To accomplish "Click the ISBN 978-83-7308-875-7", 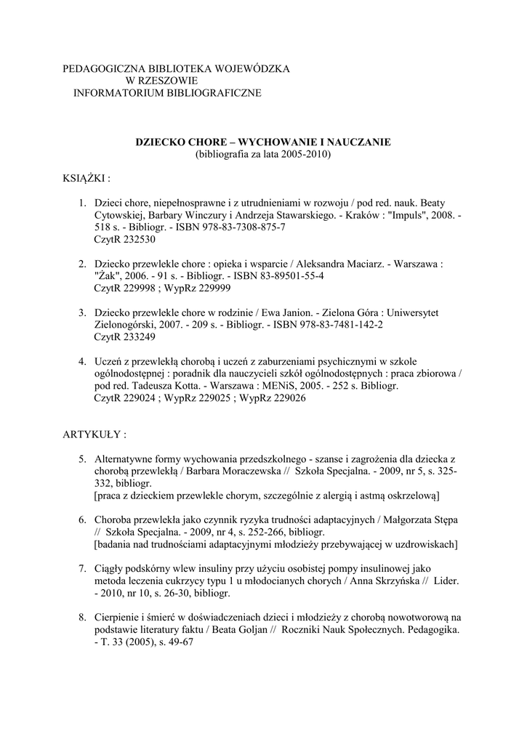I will click(x=238, y=227).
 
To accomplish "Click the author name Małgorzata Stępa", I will click(x=425, y=519).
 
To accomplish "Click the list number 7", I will click(x=83, y=569).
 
